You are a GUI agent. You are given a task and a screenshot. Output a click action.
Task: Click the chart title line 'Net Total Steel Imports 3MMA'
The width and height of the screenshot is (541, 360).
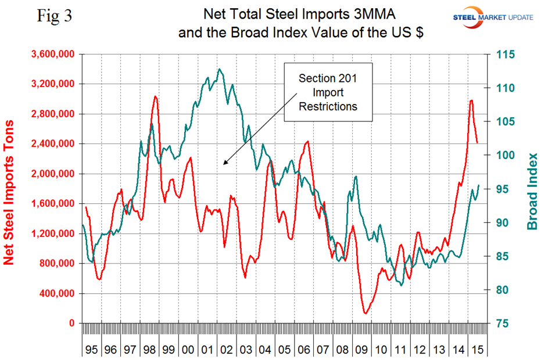(x=300, y=16)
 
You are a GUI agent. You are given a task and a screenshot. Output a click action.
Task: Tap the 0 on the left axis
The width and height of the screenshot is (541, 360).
(x=71, y=323)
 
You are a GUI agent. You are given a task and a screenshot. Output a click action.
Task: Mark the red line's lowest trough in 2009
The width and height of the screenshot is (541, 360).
(x=366, y=314)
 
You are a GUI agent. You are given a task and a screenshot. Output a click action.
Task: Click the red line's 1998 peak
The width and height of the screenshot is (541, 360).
(x=155, y=96)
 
